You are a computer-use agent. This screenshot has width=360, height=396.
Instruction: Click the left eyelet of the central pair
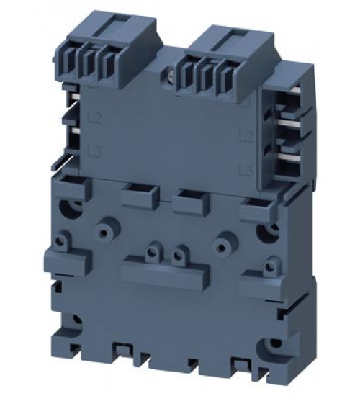click(152, 252)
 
